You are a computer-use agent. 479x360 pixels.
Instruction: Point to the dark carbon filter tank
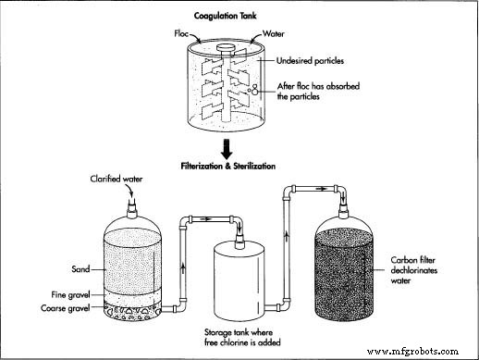366,268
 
